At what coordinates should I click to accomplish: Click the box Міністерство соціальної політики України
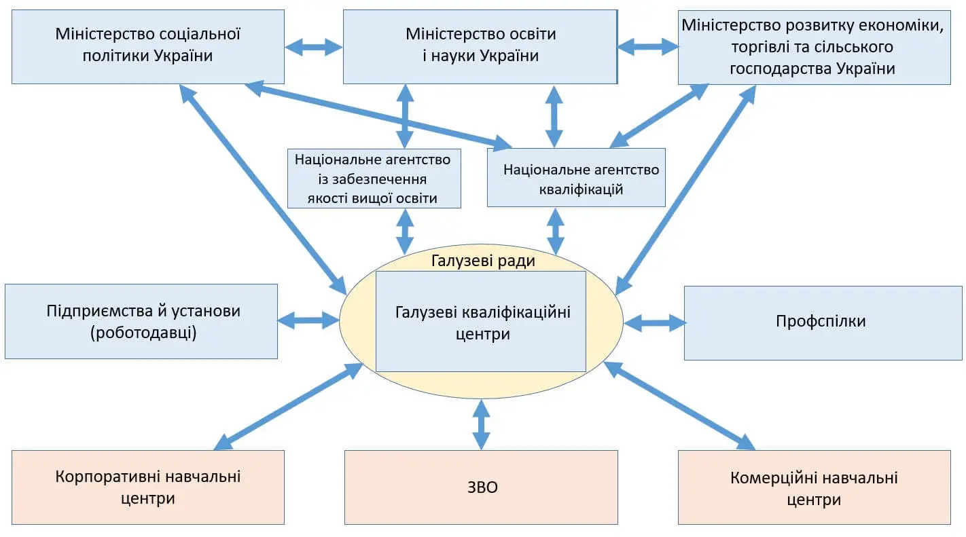tap(147, 46)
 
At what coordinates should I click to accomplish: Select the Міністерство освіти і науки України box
tap(480, 46)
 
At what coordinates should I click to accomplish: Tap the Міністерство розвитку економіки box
tap(814, 47)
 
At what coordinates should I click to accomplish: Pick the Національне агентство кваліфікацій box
tap(576, 178)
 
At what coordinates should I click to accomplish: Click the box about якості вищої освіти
tap(373, 178)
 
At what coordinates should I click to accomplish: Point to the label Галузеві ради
tap(483, 261)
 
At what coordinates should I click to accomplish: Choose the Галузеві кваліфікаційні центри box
tap(481, 322)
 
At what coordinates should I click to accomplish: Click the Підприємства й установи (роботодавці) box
tap(141, 321)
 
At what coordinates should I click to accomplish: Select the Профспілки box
tap(822, 322)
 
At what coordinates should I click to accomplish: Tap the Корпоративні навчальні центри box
tap(147, 487)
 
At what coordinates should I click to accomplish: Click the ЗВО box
tap(481, 487)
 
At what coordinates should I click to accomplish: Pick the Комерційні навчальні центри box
tap(814, 487)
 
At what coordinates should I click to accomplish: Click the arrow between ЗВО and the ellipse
tap(481, 424)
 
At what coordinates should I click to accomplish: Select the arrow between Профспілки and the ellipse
tap(655, 322)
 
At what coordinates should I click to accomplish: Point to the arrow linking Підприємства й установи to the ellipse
tap(308, 319)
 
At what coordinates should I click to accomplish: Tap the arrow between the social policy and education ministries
tap(314, 47)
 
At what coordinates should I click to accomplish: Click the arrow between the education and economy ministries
tap(647, 47)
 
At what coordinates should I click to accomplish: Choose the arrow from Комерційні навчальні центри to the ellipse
tap(679, 405)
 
